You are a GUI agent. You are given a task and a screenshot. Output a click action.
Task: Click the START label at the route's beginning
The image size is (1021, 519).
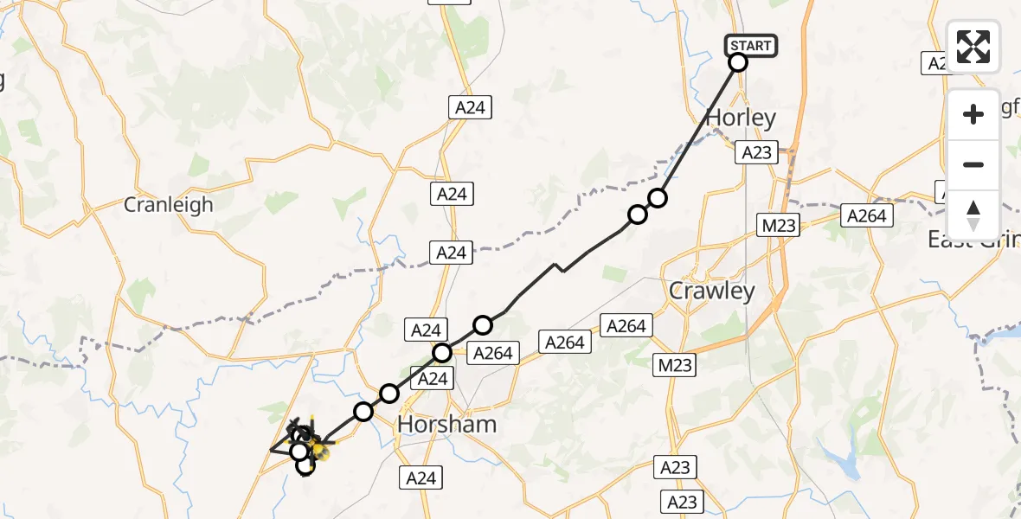coord(750,45)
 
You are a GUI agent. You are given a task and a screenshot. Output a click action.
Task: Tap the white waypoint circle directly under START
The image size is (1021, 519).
coord(738,62)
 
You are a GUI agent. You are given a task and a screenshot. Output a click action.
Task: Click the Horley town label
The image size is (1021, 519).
coord(742,118)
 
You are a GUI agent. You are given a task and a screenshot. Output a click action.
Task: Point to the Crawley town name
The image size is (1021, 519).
coord(712,291)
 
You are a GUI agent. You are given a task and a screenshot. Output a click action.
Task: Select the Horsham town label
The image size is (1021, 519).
coord(446,424)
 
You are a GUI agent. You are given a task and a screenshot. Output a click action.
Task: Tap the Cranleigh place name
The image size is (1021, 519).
coord(168,205)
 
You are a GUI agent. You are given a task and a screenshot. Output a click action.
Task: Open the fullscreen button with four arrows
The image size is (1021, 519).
coord(973,47)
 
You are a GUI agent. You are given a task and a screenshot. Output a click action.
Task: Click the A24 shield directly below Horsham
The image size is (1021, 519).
coord(421,477)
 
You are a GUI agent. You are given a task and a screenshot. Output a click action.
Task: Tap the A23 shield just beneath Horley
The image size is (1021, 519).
coord(755,152)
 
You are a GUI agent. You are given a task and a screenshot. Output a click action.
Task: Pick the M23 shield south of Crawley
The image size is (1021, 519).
coord(674,366)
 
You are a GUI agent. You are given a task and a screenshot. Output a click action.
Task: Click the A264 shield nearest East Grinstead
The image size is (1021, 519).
coord(867,216)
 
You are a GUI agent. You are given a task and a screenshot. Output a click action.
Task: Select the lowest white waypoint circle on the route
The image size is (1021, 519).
coord(305,465)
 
